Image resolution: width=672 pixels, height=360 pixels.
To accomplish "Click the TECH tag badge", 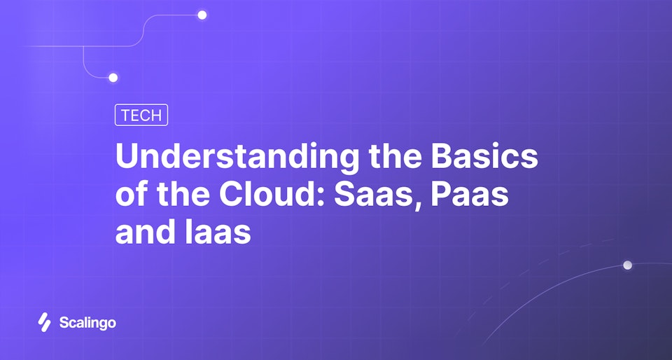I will click(141, 116).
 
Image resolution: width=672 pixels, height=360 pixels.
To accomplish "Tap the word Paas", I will click(469, 195).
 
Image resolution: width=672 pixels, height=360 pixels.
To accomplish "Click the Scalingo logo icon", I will click(44, 322).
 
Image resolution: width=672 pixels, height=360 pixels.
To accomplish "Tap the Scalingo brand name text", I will click(87, 323).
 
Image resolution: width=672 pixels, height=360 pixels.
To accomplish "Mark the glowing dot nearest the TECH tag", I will click(113, 78).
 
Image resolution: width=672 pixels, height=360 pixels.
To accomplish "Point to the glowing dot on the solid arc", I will click(627, 265).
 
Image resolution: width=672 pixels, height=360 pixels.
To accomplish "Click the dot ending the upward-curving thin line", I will click(202, 15).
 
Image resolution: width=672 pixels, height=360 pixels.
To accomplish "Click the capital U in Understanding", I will click(127, 157).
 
